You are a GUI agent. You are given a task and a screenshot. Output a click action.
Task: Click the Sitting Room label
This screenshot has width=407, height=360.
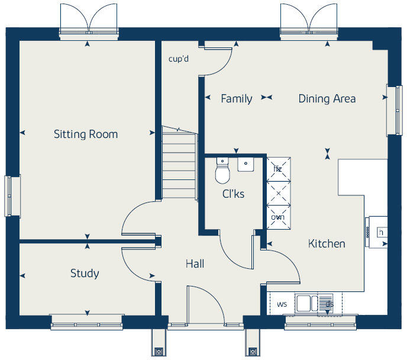[x=86, y=134]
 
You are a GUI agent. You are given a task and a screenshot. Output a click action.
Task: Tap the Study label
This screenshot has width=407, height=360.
[x=85, y=274]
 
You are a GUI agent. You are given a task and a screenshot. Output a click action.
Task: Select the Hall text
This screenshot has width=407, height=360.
[x=195, y=263]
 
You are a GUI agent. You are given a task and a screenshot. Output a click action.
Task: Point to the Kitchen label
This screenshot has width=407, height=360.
[x=326, y=243]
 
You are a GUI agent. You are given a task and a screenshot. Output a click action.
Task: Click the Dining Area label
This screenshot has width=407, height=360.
[x=327, y=99]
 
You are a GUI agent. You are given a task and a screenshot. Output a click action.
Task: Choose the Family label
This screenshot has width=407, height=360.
[x=236, y=99]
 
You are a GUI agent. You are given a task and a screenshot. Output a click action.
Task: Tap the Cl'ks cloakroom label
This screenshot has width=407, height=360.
[x=233, y=194]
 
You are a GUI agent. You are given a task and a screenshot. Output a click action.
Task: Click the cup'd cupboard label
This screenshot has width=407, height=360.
[x=179, y=59]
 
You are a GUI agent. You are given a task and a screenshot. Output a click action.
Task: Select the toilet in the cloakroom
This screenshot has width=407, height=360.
[x=222, y=172]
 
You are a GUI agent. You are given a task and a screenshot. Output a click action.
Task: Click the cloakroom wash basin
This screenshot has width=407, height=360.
[x=246, y=164]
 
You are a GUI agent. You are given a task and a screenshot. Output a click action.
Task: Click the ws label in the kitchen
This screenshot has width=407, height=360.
[x=282, y=305]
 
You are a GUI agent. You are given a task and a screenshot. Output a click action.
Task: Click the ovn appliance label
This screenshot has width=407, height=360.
[x=277, y=217]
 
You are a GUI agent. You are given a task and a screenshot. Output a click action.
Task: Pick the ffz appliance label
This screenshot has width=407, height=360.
[x=277, y=169]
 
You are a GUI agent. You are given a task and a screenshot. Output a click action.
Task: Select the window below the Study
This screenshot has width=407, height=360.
[x=87, y=322]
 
